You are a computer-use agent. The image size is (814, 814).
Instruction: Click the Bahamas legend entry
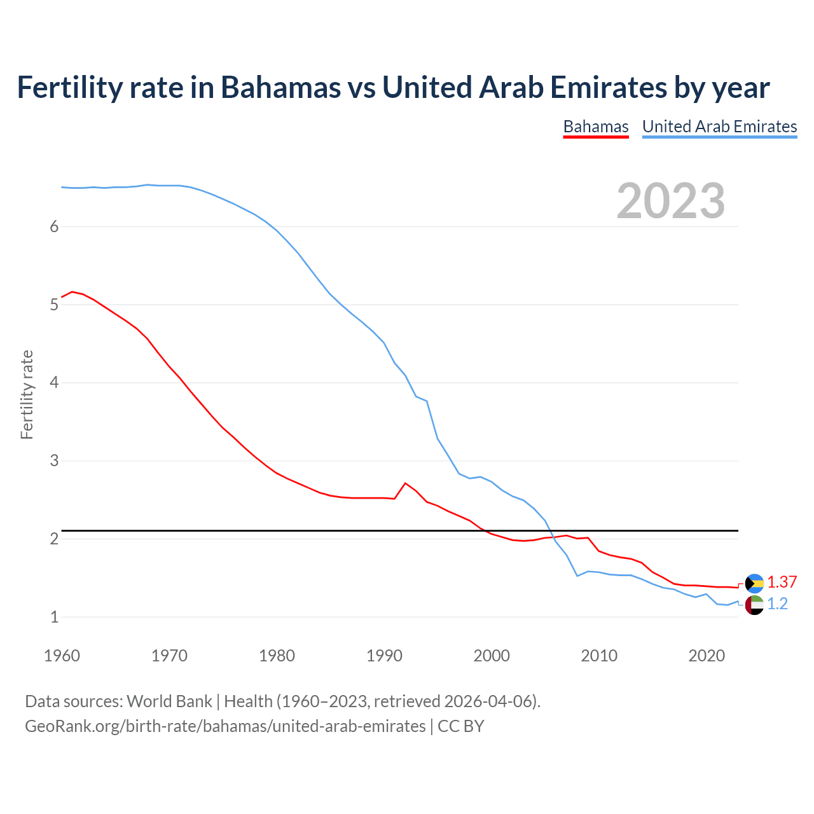[x=596, y=127]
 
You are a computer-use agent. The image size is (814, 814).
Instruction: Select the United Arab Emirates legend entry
[x=719, y=127]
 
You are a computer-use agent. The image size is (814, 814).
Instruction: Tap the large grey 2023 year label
[x=670, y=201]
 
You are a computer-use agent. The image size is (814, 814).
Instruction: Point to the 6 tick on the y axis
[x=54, y=227]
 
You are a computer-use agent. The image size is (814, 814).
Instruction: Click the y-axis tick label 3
[x=54, y=460]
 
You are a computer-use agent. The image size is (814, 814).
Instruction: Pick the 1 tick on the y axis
[x=54, y=617]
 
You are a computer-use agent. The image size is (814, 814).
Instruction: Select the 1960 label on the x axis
[x=62, y=656]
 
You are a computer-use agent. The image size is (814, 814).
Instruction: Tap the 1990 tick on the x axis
[x=384, y=656]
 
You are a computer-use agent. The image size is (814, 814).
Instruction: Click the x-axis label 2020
[x=707, y=656]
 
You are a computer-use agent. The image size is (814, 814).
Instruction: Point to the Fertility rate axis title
[x=27, y=394]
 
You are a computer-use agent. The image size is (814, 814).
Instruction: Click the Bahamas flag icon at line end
[x=754, y=583]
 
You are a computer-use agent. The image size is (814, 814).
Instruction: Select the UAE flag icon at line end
[x=754, y=605]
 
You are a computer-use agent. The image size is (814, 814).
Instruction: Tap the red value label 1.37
[x=782, y=583]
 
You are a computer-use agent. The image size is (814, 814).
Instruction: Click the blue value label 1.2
[x=777, y=604]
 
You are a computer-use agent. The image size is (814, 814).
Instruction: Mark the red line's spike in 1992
[x=405, y=483]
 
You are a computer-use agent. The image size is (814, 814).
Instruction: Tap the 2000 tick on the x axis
[x=492, y=656]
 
